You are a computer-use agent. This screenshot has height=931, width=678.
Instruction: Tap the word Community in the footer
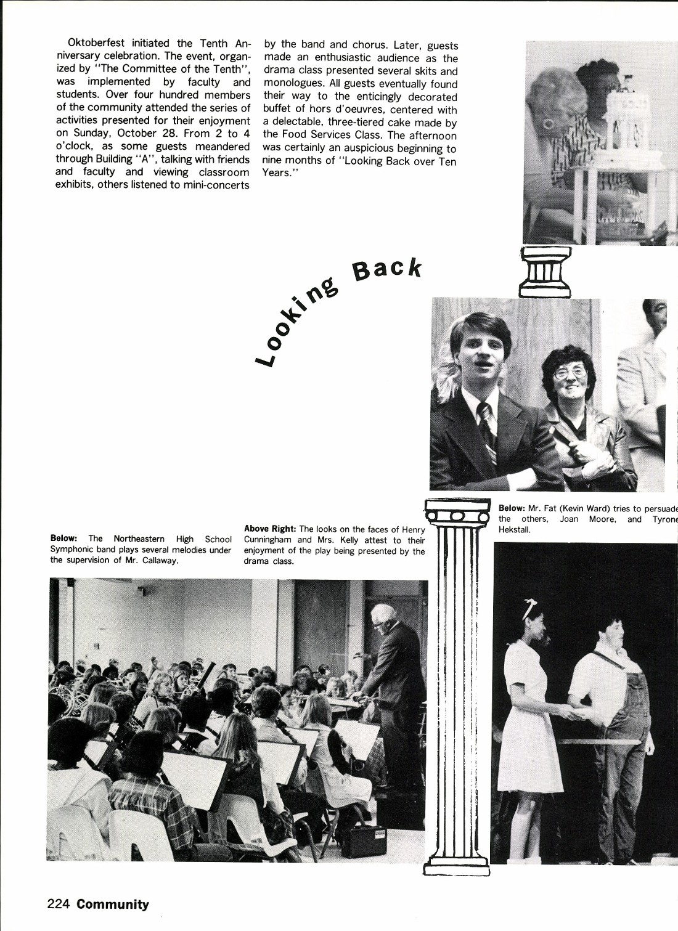tap(113, 905)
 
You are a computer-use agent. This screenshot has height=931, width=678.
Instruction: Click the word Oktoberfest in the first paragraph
tap(96, 43)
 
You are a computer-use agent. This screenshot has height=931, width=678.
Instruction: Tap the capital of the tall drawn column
tap(456, 511)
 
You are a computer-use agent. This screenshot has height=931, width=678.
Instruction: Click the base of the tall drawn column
tap(456, 866)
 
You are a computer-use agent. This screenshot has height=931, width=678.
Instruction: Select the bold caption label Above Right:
tap(270, 529)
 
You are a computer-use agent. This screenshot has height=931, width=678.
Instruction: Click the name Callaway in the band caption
tap(157, 560)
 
